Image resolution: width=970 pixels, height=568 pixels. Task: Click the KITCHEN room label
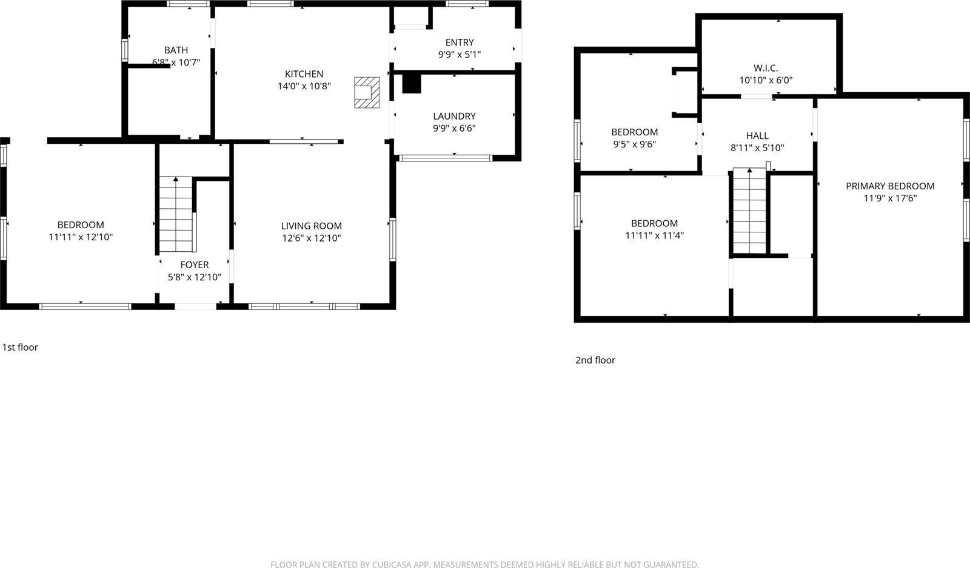[x=304, y=74]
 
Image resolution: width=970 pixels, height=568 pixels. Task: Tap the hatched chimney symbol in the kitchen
[x=367, y=92]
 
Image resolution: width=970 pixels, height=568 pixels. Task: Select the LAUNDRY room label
[x=454, y=116]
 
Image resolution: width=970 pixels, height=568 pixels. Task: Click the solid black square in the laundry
[x=412, y=84]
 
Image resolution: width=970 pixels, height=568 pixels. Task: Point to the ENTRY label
[x=459, y=42]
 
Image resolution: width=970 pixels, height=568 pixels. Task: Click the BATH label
[x=176, y=50]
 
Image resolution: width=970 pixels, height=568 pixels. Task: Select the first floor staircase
[x=176, y=215]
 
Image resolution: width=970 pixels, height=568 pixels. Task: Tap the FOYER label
[x=194, y=265]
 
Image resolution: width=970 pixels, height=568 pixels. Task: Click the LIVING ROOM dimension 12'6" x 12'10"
[x=311, y=238]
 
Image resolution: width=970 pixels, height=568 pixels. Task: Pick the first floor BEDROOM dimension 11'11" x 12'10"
[x=81, y=237]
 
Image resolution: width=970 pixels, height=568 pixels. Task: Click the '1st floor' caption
[x=20, y=348]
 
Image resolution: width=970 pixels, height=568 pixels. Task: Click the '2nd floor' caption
[x=595, y=360]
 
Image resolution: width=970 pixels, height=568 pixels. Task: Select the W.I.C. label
[x=766, y=68]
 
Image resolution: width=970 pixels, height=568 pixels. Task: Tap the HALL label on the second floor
[x=757, y=136]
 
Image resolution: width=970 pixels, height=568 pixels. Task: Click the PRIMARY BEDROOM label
[x=890, y=186]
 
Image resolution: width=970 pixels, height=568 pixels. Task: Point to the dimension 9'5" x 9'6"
[x=634, y=144]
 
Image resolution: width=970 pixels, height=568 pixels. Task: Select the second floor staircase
[x=750, y=211]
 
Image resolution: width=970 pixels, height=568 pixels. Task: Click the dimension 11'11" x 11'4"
[x=654, y=235]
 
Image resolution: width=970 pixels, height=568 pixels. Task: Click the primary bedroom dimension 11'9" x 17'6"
[x=890, y=198]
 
